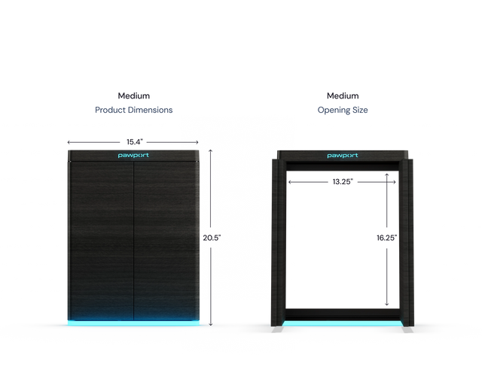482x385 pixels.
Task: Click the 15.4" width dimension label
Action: (135, 142)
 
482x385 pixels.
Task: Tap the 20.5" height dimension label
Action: (212, 238)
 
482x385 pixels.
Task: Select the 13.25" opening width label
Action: (343, 182)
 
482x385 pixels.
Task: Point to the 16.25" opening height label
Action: (386, 238)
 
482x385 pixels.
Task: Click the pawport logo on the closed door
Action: (133, 156)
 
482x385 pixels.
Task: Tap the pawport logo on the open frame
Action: (343, 156)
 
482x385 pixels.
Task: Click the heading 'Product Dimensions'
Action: (134, 110)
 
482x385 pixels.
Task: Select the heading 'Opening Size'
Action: (343, 110)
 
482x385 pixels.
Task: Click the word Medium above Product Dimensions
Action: (134, 95)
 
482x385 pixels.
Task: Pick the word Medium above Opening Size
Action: (343, 95)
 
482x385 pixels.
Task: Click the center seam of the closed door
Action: (134, 241)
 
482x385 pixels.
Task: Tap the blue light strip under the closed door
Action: (133, 323)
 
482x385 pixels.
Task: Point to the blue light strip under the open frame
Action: (343, 323)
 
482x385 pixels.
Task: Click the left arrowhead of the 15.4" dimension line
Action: (69, 142)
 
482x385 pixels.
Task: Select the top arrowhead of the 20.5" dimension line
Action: (211, 150)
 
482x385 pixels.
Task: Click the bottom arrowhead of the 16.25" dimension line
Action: (386, 305)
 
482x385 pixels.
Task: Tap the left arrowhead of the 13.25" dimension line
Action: (289, 182)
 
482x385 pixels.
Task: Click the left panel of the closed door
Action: (100, 241)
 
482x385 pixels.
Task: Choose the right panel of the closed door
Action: (166, 241)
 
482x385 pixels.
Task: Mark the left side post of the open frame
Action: (279, 243)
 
